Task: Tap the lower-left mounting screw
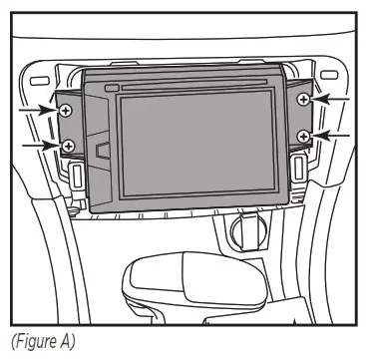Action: click(68, 147)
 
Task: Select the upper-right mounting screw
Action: click(303, 100)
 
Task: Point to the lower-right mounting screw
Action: click(303, 134)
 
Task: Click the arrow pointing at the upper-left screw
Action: click(45, 110)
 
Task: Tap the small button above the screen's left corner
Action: click(110, 89)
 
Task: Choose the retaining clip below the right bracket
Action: click(299, 167)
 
